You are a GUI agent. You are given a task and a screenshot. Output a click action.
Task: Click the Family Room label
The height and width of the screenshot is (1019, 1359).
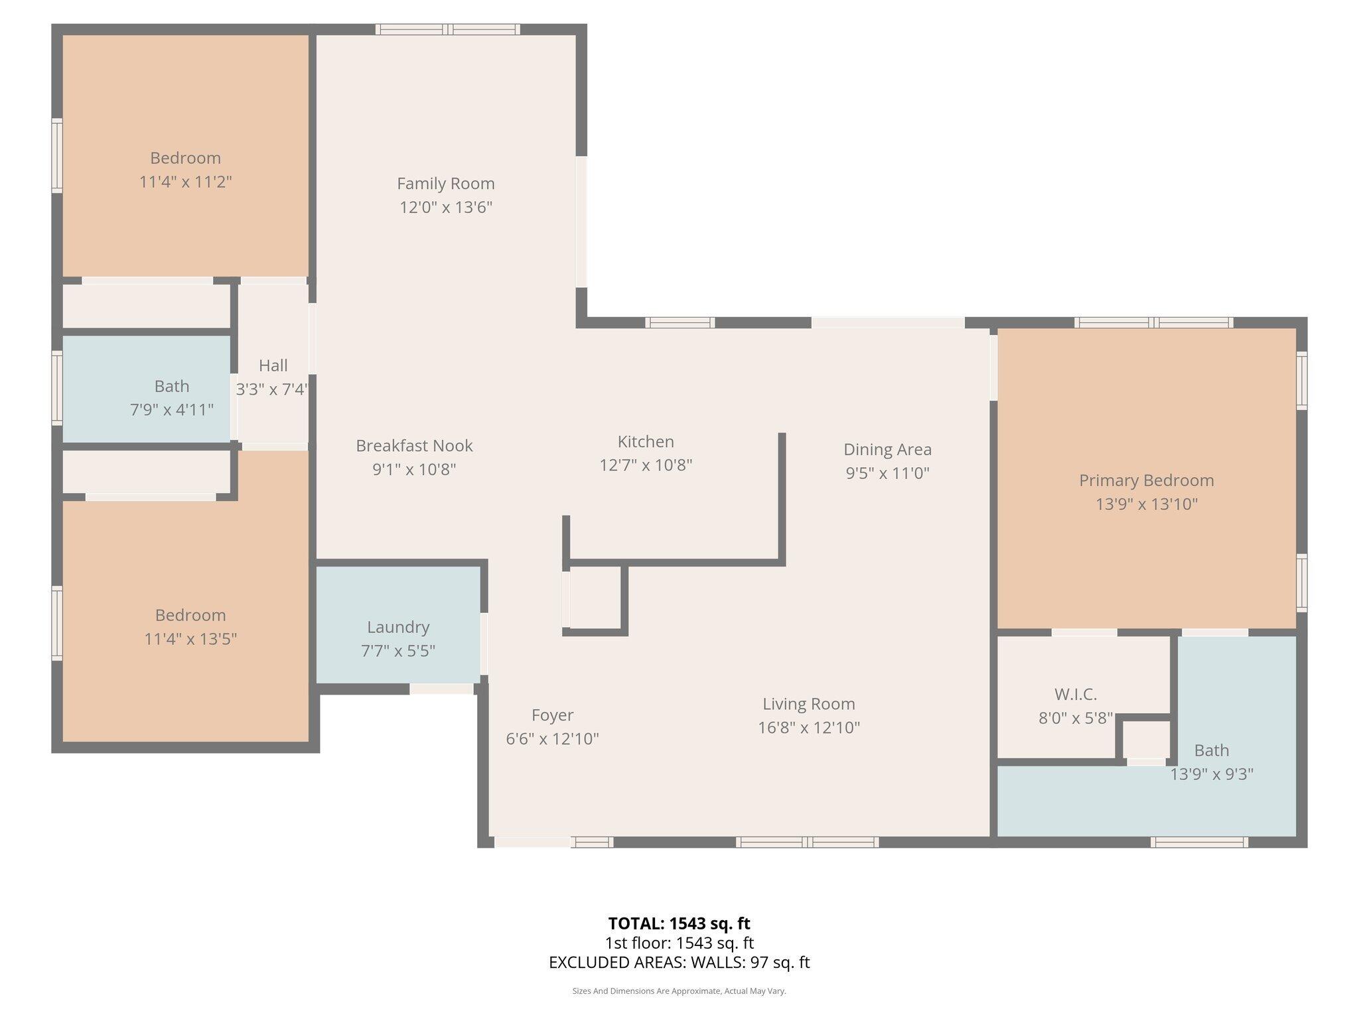pos(445,184)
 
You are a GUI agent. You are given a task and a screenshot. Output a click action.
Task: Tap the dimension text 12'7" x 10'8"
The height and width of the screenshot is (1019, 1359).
pos(646,465)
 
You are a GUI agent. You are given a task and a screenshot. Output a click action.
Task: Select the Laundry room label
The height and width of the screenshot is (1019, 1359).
pos(398,627)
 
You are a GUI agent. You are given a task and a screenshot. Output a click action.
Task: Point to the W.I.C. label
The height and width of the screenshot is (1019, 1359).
pos(1075,695)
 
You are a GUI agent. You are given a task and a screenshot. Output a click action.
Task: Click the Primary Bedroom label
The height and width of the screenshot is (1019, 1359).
pos(1146,480)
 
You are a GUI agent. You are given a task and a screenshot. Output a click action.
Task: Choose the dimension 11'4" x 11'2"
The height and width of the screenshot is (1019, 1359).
pos(185,182)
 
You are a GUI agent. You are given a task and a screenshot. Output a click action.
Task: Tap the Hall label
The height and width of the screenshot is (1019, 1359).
pos(273,366)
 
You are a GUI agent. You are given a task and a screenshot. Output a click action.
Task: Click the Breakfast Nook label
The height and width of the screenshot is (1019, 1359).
pos(414,446)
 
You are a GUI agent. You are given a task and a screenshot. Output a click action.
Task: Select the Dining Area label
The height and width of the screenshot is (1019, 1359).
pos(887,450)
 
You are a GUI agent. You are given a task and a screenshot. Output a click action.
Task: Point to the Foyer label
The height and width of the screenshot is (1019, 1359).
pos(552,715)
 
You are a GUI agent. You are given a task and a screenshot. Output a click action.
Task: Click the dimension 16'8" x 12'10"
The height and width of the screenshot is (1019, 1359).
pos(808,728)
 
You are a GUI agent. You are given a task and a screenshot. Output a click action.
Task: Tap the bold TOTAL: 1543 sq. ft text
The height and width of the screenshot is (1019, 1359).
pos(679,923)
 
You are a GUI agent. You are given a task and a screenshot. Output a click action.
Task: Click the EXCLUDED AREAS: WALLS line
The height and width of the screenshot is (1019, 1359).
pos(679,963)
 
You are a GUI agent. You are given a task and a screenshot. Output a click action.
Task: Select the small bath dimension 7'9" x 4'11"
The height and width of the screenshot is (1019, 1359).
pos(172,410)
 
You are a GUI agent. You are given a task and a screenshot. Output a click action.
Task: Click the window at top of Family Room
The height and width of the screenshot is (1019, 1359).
pos(448,29)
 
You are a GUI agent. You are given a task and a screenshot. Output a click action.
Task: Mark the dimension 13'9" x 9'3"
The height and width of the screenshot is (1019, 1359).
pos(1211,774)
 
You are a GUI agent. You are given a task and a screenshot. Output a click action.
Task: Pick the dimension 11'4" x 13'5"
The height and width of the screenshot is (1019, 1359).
pos(190,639)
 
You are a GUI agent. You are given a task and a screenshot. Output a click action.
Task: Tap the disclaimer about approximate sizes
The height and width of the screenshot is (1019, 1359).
pos(679,991)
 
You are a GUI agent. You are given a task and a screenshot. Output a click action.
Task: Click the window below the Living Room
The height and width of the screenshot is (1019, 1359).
pos(807,843)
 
